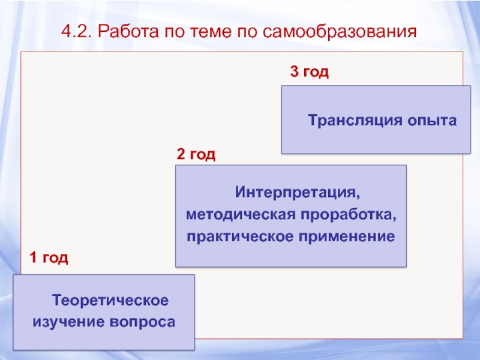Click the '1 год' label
point(49,259)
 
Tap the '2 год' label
point(196,155)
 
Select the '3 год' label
point(310,73)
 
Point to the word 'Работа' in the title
point(123,31)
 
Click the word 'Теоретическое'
point(109,299)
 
